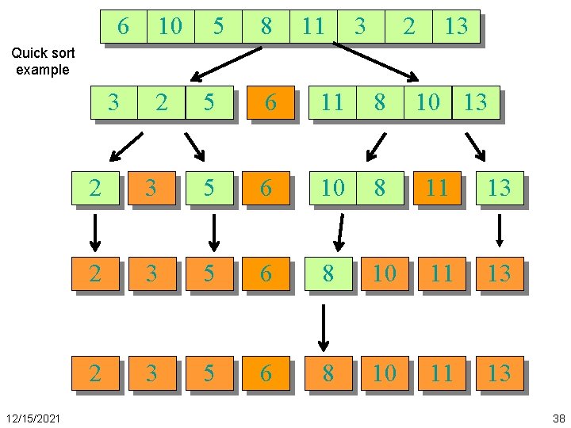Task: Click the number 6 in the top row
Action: tap(123, 26)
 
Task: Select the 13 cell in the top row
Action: tap(456, 26)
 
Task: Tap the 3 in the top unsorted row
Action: tap(360, 26)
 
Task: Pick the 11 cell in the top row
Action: tap(313, 26)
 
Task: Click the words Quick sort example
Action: tap(43, 61)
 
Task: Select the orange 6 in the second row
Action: tap(270, 103)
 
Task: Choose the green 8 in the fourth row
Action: tap(328, 273)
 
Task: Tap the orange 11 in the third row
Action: tap(437, 188)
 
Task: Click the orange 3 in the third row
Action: tap(151, 188)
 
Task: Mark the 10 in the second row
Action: tap(427, 103)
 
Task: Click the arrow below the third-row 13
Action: tap(499, 231)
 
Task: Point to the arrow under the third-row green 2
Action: tap(94, 231)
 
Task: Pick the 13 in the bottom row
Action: tap(499, 372)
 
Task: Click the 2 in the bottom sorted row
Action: tap(94, 372)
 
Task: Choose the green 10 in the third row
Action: tap(333, 188)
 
